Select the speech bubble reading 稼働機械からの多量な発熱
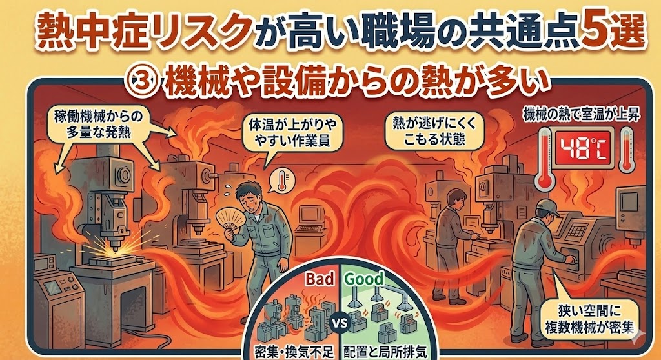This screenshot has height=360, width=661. pyautogui.click(x=99, y=123)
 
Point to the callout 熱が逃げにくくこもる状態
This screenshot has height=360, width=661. pyautogui.click(x=434, y=130)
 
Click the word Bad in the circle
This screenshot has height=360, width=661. pyautogui.click(x=320, y=279)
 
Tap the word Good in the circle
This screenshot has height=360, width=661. pyautogui.click(x=364, y=279)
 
